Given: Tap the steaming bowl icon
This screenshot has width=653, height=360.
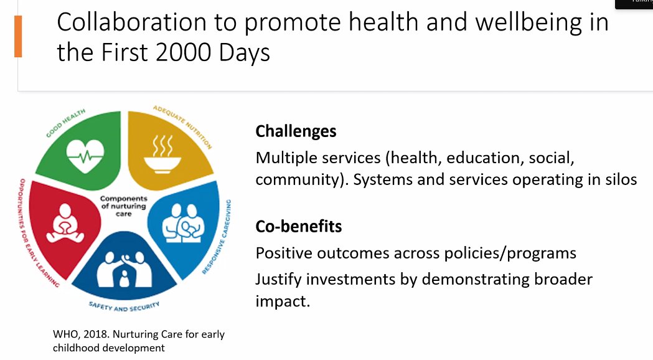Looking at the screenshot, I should [x=162, y=154].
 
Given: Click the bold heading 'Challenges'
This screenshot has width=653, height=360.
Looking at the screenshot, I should [x=296, y=131].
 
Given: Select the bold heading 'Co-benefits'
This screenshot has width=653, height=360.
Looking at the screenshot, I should [x=299, y=226].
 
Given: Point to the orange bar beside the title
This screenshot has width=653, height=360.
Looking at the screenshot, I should [x=18, y=37].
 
